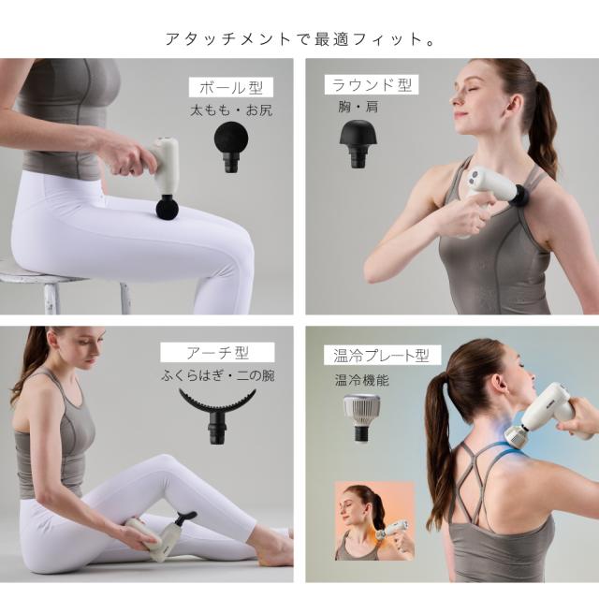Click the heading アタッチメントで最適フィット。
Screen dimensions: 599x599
click(299, 39)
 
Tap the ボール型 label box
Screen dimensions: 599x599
click(231, 87)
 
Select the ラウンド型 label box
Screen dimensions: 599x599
click(372, 85)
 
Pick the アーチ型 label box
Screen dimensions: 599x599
click(217, 353)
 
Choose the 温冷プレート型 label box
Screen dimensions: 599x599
click(382, 356)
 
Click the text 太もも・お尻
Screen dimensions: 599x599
click(231, 110)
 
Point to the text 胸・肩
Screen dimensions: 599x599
click(358, 107)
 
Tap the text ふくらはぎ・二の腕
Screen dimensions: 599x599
click(217, 375)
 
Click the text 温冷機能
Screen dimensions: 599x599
click(361, 380)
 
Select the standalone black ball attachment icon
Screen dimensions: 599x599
click(231, 146)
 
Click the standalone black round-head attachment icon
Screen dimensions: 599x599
click(358, 143)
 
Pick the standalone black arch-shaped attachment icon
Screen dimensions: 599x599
click(217, 416)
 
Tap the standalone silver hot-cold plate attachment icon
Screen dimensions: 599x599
click(361, 417)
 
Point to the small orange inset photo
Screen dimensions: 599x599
click(374, 521)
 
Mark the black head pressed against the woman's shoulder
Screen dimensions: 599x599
click(522, 195)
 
